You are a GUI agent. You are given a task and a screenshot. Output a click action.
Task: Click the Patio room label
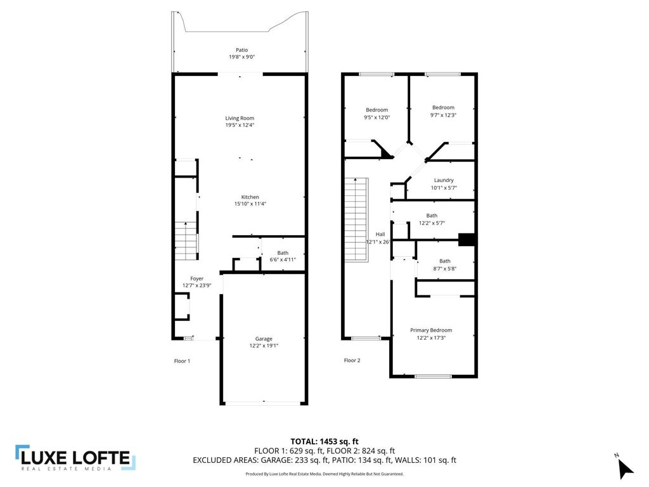pyautogui.click(x=241, y=50)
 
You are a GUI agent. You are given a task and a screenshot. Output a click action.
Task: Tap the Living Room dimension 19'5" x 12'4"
pyautogui.click(x=240, y=125)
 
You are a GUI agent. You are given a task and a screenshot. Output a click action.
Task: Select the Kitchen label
pyautogui.click(x=250, y=197)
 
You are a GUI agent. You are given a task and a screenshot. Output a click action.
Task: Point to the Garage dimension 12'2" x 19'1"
pyautogui.click(x=264, y=346)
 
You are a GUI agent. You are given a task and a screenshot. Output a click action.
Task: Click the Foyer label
pyautogui.click(x=197, y=278)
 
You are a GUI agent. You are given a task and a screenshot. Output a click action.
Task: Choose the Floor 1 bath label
pyautogui.click(x=283, y=252)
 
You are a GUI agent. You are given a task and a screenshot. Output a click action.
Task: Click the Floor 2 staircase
pyautogui.click(x=356, y=219)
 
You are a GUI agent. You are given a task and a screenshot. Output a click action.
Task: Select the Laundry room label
pyautogui.click(x=444, y=180)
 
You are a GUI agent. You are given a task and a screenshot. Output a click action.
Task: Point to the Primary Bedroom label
pyautogui.click(x=431, y=330)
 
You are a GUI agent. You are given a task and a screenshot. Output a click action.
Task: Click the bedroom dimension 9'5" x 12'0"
pyautogui.click(x=376, y=117)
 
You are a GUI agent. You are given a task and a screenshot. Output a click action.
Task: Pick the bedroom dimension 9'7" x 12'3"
pyautogui.click(x=443, y=115)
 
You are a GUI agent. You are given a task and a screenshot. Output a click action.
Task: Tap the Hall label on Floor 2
pyautogui.click(x=380, y=234)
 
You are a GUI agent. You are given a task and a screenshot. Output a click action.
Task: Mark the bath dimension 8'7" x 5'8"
pyautogui.click(x=444, y=268)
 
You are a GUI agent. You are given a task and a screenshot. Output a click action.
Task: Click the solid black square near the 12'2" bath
pyautogui.click(x=466, y=239)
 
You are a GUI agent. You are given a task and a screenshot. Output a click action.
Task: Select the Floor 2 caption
pyautogui.click(x=352, y=360)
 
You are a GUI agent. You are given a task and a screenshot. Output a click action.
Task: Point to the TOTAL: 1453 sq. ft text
pyautogui.click(x=324, y=441)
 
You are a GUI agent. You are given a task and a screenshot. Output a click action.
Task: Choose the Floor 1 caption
pyautogui.click(x=182, y=361)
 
